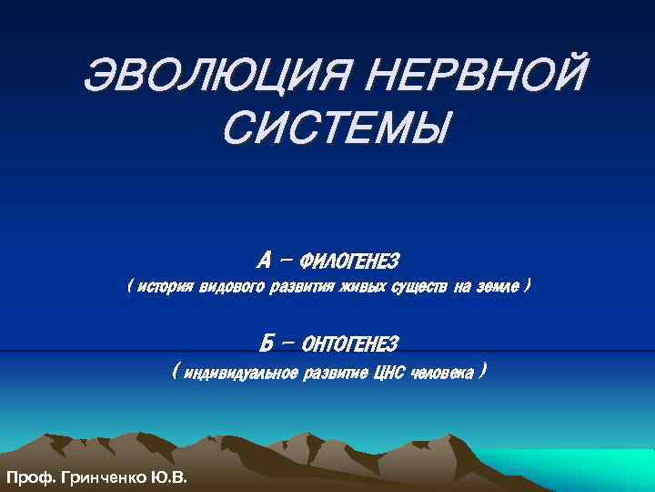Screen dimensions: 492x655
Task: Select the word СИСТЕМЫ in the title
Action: point(334,128)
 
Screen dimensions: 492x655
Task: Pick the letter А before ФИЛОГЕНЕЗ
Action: point(264,261)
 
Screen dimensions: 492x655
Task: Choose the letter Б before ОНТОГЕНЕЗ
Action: point(267,343)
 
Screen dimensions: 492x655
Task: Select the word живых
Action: point(362,288)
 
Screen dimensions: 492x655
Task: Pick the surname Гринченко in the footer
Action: point(101,477)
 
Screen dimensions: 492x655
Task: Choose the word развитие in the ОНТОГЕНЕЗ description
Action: point(332,373)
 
